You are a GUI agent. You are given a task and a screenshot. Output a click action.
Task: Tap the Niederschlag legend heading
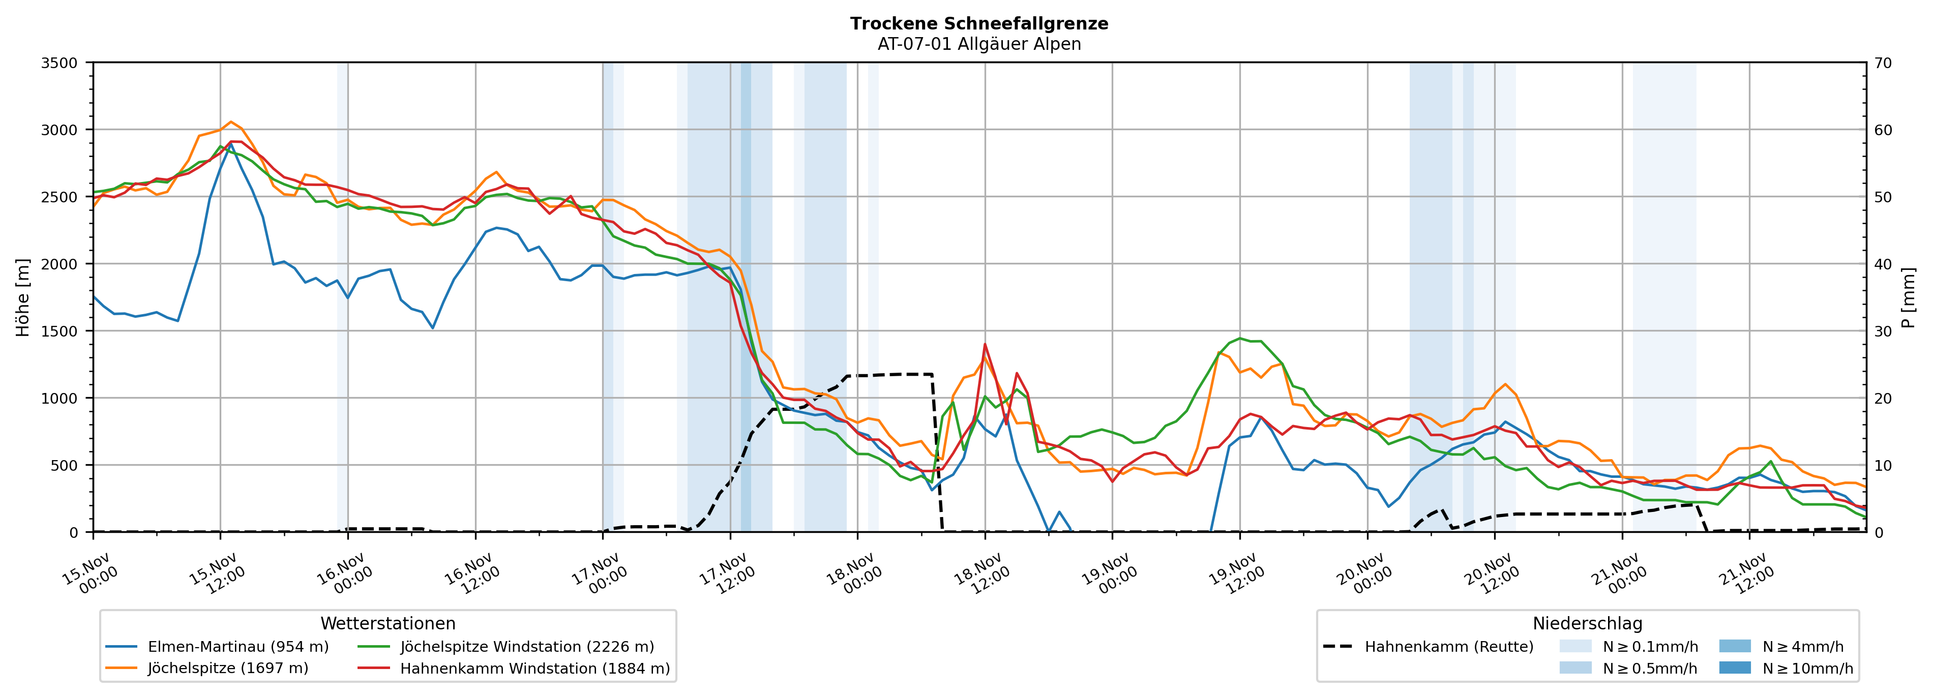pyautogui.click(x=1587, y=623)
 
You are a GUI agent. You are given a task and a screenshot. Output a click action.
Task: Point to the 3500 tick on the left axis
pyautogui.click(x=60, y=63)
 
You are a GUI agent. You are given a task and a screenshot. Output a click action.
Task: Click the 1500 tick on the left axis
pyautogui.click(x=60, y=331)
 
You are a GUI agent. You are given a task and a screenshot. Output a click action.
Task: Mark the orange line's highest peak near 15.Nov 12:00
pyautogui.click(x=231, y=122)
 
